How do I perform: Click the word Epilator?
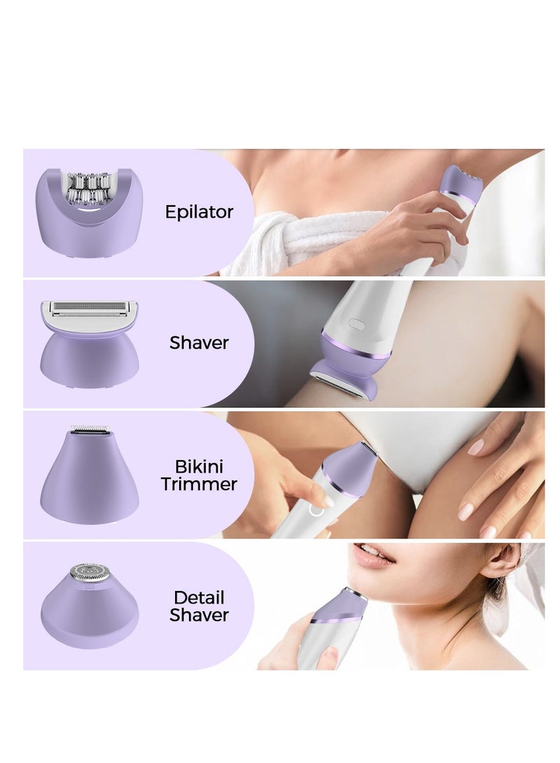click(x=199, y=213)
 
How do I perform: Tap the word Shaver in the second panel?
click(x=199, y=343)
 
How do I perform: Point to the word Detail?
click(x=199, y=598)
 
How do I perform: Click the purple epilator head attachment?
click(x=89, y=213)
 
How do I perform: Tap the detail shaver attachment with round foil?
click(x=90, y=606)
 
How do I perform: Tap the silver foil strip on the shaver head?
click(x=90, y=308)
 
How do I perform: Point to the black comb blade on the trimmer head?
click(x=91, y=429)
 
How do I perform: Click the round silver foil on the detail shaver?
click(x=90, y=572)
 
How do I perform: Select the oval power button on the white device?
click(x=357, y=325)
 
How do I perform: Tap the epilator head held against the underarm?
click(x=462, y=183)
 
